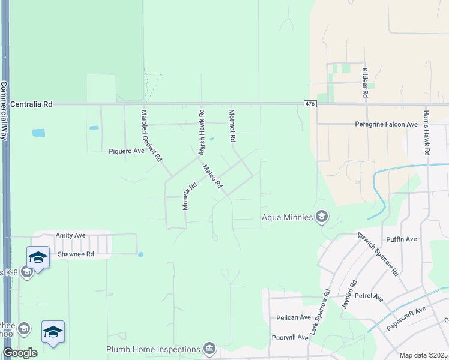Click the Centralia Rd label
coord(31,104)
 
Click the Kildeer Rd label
coord(364,82)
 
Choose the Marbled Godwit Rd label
coord(151,136)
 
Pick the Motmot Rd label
coord(232,125)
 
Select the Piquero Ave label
coord(127,151)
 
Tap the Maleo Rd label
coord(212,177)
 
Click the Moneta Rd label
coord(189,196)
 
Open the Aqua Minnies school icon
coord(322,217)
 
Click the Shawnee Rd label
coord(76,254)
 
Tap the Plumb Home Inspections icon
coord(209,349)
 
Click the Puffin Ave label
coord(402,239)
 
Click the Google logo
coord(20,353)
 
